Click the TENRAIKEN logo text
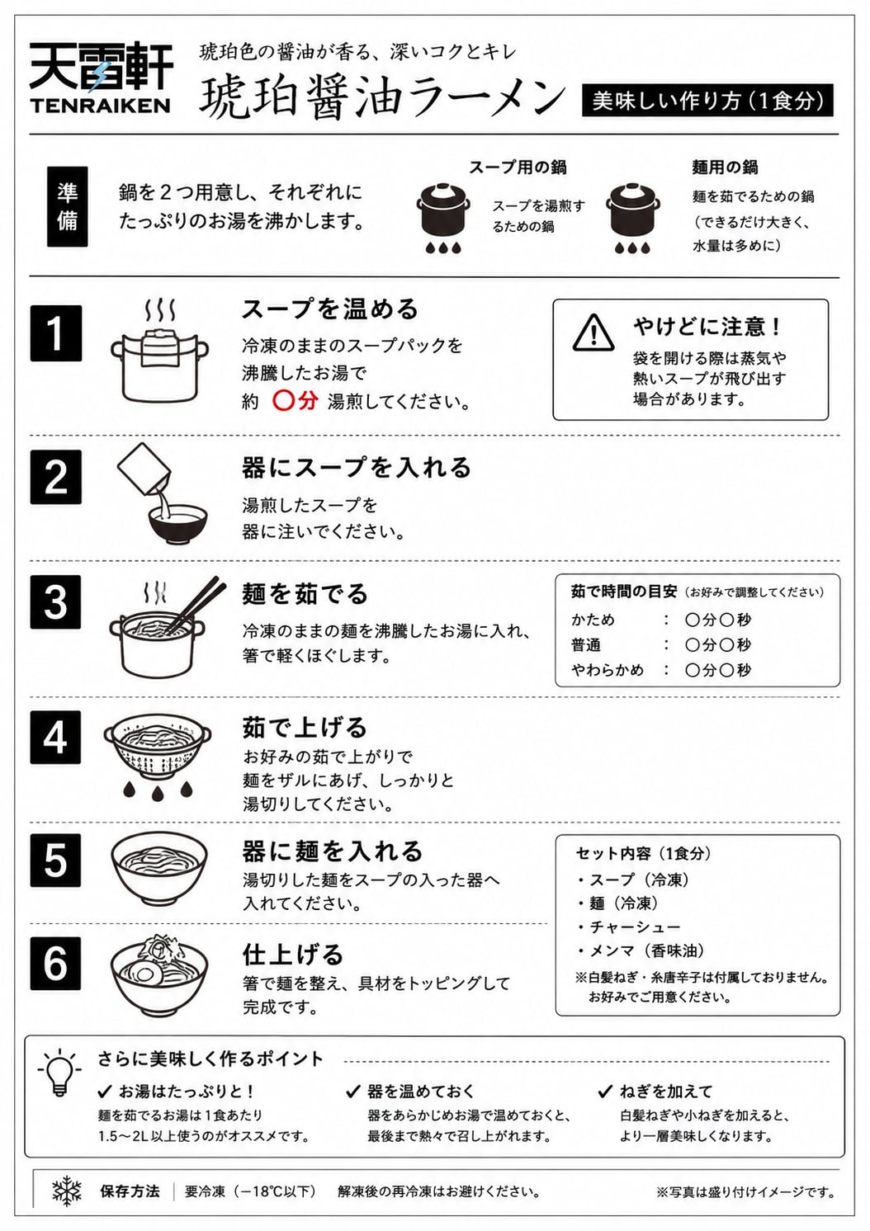point(100,105)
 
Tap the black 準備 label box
point(67,206)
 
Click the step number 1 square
point(55,333)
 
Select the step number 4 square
point(55,737)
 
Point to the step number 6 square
point(55,964)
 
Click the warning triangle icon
point(593,333)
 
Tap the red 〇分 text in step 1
point(296,401)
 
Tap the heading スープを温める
point(330,309)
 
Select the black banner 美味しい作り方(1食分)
point(707,100)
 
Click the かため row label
point(593,620)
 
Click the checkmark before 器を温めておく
point(353,1092)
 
